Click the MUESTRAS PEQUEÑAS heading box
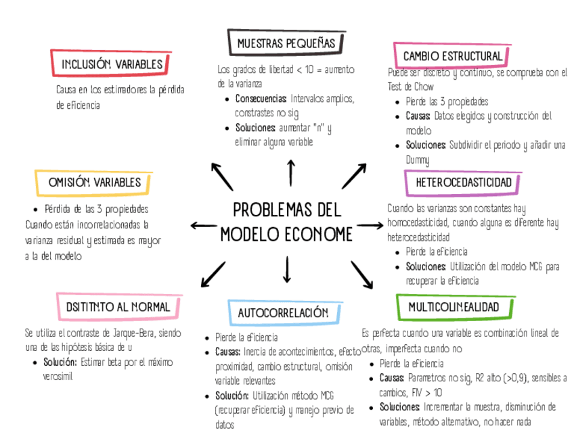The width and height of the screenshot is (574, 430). click(286, 44)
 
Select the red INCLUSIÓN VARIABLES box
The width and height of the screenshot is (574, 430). click(112, 64)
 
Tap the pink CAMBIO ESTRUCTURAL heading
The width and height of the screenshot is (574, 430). click(452, 55)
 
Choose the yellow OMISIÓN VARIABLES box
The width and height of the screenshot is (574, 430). click(94, 182)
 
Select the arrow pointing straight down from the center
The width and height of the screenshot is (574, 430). click(287, 269)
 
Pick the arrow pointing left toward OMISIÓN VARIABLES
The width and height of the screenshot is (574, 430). click(203, 225)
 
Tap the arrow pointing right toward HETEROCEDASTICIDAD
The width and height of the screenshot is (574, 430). click(370, 224)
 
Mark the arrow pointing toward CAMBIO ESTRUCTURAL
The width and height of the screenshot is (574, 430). click(354, 176)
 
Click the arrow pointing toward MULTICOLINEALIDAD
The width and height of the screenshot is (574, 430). click(362, 274)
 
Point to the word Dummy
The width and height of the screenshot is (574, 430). click(418, 160)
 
